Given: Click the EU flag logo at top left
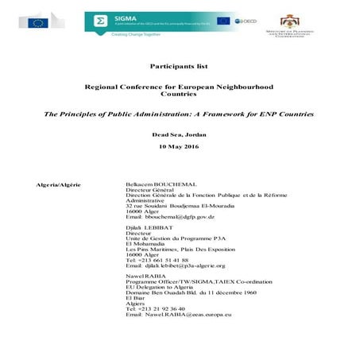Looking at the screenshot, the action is [37, 22].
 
